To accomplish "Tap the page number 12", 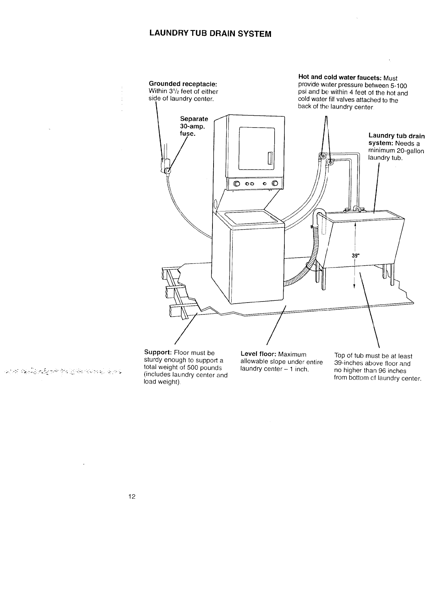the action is coord(131,497).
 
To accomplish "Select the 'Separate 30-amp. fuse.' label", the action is coord(194,126).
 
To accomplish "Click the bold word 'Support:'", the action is coord(158,353).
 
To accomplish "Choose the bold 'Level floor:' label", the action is coord(258,354).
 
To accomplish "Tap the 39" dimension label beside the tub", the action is coord(355,256).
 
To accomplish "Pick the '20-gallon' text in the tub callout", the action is coord(410,151).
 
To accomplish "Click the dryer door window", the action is coord(257,148).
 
